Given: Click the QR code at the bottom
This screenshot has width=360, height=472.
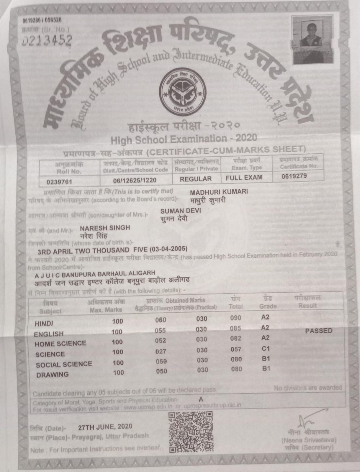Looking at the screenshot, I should click(191, 432).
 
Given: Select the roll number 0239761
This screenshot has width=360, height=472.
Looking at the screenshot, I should click(59, 182).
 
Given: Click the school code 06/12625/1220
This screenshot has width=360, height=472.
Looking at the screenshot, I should click(135, 180).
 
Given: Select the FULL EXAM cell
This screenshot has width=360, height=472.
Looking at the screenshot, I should click(244, 177).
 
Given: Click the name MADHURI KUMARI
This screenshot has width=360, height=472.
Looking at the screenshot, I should click(219, 192).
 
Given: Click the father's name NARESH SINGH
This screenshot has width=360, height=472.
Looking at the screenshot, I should click(105, 228).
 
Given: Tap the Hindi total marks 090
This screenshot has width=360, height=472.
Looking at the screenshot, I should click(236, 318).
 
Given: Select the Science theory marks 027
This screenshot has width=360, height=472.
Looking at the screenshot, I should click(161, 351).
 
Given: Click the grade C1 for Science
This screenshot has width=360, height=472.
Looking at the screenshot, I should click(266, 348).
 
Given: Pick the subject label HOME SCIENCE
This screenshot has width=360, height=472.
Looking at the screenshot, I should click(60, 344).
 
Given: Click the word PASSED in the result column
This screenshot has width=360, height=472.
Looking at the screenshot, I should click(319, 331).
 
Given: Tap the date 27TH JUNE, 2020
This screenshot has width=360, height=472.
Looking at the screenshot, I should click(105, 427).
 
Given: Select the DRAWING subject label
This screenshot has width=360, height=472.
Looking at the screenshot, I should click(52, 375).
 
